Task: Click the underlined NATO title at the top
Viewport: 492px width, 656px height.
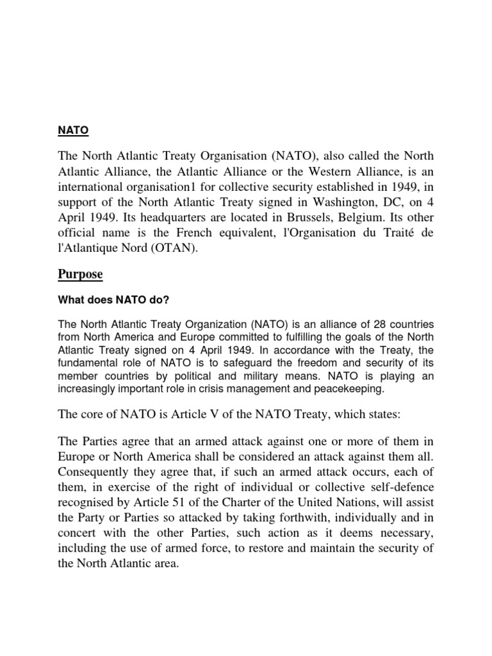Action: click(73, 131)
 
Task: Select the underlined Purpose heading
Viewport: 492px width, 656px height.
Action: click(81, 275)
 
